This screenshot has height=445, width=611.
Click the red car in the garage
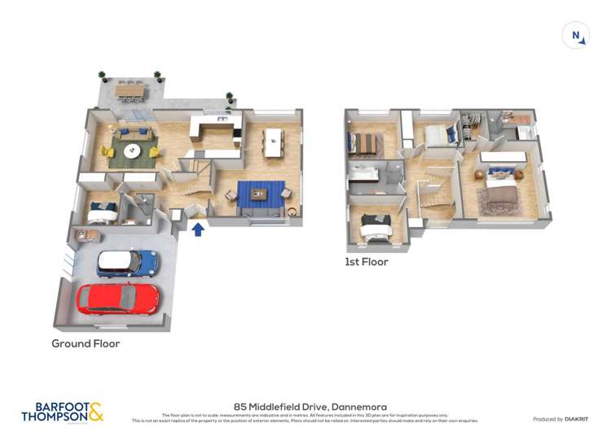click(x=117, y=299)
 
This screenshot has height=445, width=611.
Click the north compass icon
click(x=576, y=36)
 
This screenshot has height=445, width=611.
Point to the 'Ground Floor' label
click(x=86, y=344)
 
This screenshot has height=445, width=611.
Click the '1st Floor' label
click(x=366, y=262)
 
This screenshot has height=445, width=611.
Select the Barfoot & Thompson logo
click(x=63, y=412)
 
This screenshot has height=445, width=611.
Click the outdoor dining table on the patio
click(x=130, y=89)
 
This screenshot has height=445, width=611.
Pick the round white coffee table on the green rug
click(x=131, y=151)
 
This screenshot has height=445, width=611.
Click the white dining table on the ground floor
click(x=271, y=142)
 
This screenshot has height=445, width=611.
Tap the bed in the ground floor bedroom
click(x=103, y=212)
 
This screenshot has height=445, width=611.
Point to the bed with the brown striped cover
click(x=364, y=144)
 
